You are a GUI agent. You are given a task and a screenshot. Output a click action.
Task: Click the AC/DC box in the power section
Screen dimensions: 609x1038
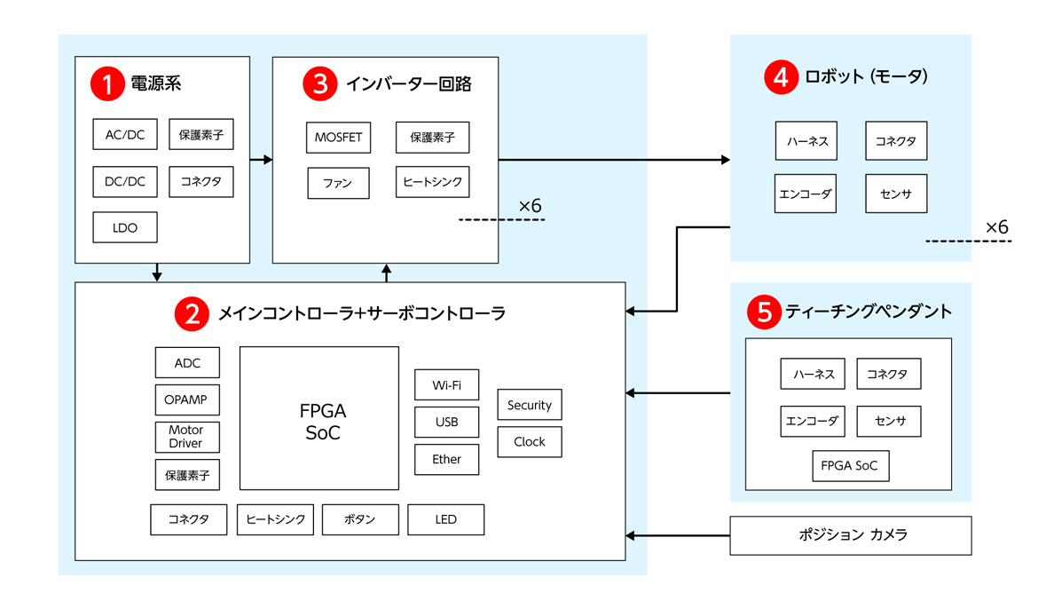125,135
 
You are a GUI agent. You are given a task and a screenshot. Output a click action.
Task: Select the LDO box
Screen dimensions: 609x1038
125,227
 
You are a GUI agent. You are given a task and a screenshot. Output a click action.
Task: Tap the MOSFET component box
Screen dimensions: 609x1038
338,138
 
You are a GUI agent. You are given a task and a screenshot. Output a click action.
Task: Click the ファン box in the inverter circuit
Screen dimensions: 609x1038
338,183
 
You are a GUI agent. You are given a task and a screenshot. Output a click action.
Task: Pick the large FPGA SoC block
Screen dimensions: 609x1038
319,418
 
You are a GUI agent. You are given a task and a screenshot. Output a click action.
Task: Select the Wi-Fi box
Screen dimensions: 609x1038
446,385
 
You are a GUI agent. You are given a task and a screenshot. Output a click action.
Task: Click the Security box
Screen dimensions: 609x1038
529,405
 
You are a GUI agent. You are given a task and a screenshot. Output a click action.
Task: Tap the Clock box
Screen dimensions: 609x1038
529,441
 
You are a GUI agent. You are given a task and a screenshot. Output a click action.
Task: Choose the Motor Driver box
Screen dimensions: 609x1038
186,437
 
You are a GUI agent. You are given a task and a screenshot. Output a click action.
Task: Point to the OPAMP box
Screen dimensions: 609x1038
186,399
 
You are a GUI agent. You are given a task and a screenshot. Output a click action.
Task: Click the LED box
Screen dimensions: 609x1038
445,519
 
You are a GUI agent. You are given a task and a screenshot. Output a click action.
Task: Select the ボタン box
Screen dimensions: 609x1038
359,519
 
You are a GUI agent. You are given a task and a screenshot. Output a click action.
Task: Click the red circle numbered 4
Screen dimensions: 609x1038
780,77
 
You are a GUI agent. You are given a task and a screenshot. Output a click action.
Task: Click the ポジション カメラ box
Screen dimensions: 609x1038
850,535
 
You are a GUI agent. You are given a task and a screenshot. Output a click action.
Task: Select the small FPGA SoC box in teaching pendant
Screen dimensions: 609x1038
849,466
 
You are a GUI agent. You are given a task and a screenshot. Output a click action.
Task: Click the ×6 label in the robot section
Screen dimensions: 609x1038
996,228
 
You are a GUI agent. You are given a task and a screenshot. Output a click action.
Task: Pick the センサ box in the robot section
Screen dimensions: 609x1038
895,194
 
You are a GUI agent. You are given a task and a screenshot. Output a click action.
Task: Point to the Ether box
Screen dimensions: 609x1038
446,459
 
